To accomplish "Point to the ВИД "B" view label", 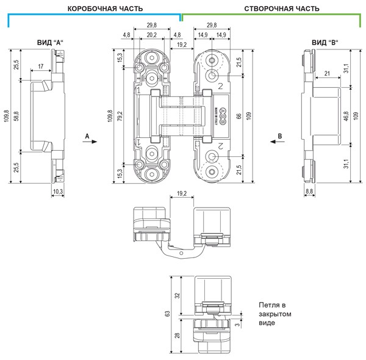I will pos(325,43).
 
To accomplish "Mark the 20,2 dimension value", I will pos(151,35).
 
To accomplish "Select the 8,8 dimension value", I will pos(309,192).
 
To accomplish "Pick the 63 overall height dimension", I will pos(167,314).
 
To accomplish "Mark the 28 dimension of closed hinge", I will pos(178,334).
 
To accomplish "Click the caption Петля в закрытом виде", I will pos(271,314).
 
